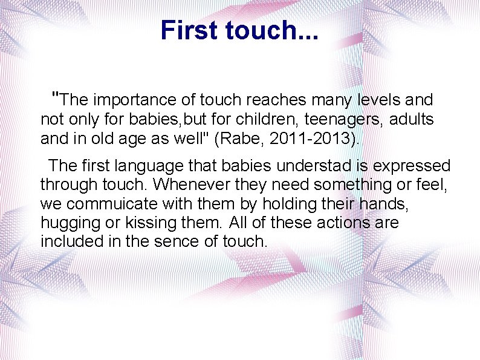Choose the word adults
click(x=411, y=119)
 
